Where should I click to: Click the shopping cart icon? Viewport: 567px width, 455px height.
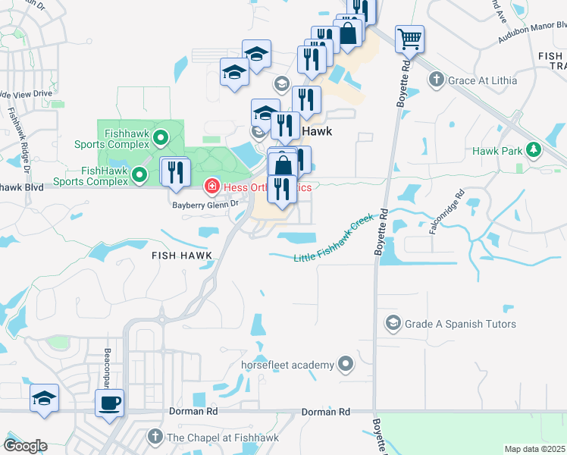coord(409,38)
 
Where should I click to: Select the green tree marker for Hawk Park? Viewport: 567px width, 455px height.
coord(534,151)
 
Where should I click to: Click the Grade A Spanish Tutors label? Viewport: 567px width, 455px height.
coord(460,324)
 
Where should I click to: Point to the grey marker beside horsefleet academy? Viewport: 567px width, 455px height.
coord(346,365)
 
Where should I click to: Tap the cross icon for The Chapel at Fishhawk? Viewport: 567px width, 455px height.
coord(155,437)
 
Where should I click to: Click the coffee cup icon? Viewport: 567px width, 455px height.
coord(109,402)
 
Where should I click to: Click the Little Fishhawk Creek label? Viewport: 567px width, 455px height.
coord(334,238)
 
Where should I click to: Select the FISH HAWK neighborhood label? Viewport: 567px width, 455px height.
coord(180,256)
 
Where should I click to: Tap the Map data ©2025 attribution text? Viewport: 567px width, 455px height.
coord(535,449)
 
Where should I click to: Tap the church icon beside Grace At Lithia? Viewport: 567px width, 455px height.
coord(436,80)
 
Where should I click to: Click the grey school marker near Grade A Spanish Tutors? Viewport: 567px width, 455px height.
coord(393,324)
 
